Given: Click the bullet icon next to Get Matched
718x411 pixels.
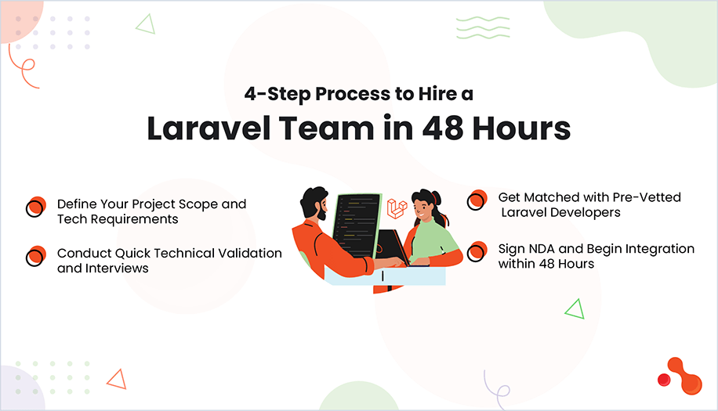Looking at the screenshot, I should (477, 200).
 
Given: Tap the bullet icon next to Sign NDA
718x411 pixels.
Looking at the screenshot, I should (477, 252).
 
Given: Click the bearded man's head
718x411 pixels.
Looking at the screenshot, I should (315, 203).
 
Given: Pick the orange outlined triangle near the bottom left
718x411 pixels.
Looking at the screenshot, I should (118, 380).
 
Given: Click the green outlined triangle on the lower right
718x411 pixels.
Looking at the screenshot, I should (575, 309).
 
